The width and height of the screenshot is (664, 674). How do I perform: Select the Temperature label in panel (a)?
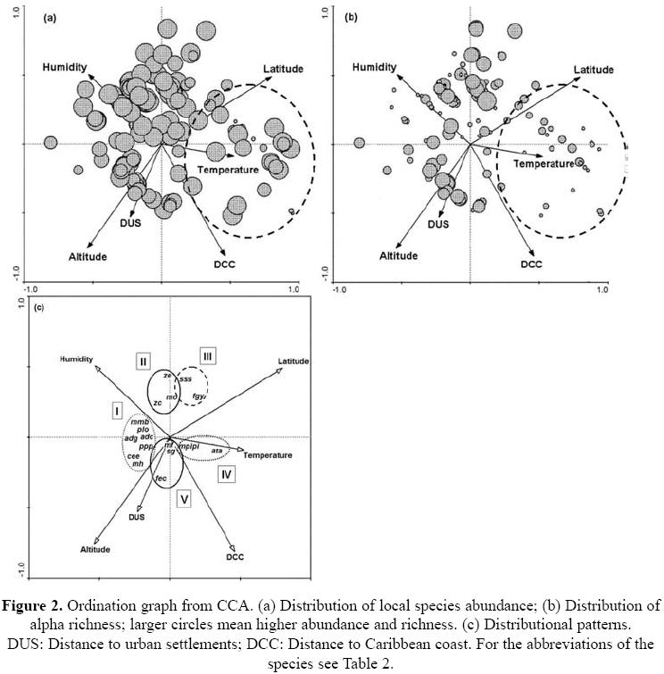(x=228, y=170)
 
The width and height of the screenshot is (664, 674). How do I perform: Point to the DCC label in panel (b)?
(x=532, y=264)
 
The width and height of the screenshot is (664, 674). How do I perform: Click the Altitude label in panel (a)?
(x=87, y=257)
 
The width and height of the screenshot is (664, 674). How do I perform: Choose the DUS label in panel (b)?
(x=438, y=224)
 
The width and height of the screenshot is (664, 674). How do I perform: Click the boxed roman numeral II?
(x=143, y=361)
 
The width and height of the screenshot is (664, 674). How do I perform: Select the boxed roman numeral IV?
(x=227, y=474)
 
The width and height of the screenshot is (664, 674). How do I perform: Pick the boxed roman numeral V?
(x=183, y=500)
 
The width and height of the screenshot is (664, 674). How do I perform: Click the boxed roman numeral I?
(x=116, y=409)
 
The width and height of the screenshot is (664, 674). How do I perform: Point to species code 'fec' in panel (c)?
(x=162, y=478)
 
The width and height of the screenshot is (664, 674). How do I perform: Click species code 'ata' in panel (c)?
(x=216, y=451)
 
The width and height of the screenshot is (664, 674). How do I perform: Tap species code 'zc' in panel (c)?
(x=157, y=404)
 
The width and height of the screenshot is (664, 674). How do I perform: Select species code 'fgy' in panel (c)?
(x=199, y=395)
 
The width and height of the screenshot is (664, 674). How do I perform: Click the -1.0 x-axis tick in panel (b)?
(x=340, y=290)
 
